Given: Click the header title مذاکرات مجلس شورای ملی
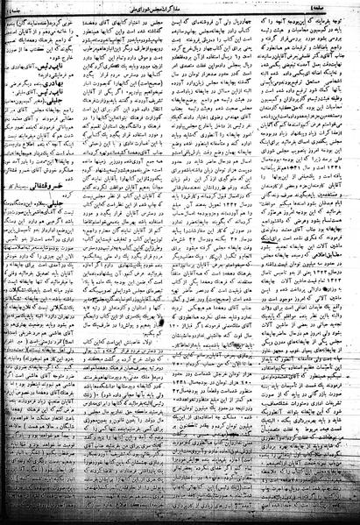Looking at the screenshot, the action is click(179, 7).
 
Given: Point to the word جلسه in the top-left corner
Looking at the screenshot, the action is click(15, 7).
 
